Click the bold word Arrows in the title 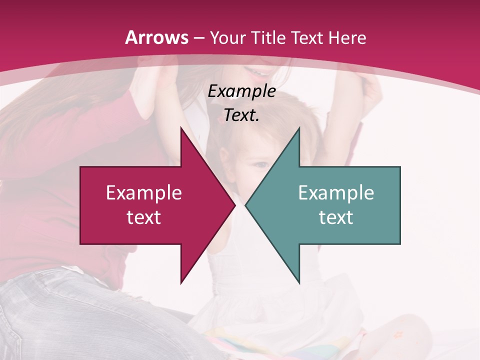tap(157, 37)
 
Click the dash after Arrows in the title tap(198, 38)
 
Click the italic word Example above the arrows tap(242, 91)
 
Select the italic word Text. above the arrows tap(242, 115)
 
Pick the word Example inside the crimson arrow tap(144, 193)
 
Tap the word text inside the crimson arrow tap(144, 217)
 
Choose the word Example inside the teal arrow tap(336, 193)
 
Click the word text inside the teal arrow tap(336, 217)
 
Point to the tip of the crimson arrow tap(235, 205)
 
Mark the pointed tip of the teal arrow tap(245, 205)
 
